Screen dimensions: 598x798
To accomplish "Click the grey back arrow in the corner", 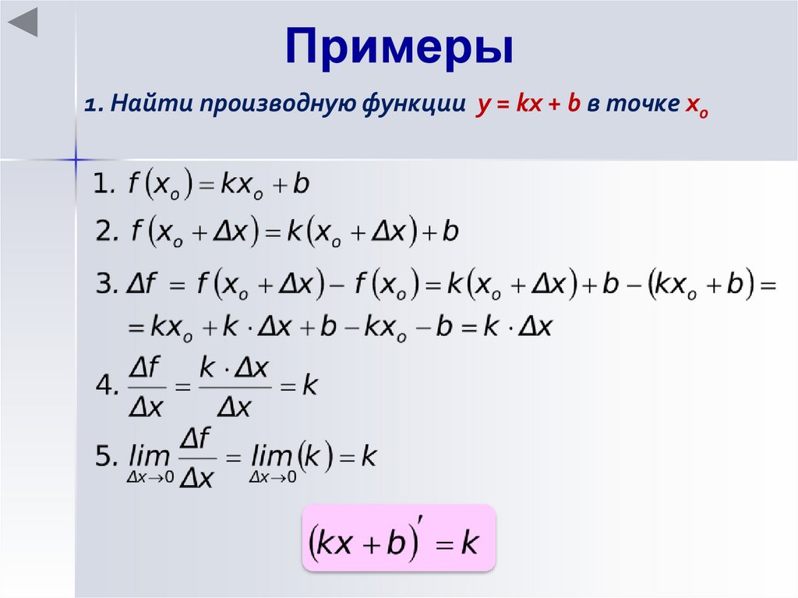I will [x=23, y=23].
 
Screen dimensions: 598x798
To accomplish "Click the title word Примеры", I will [x=399, y=48].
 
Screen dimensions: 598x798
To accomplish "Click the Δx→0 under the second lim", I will [x=273, y=477].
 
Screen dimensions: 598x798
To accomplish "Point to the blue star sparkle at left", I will [x=76, y=159].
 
